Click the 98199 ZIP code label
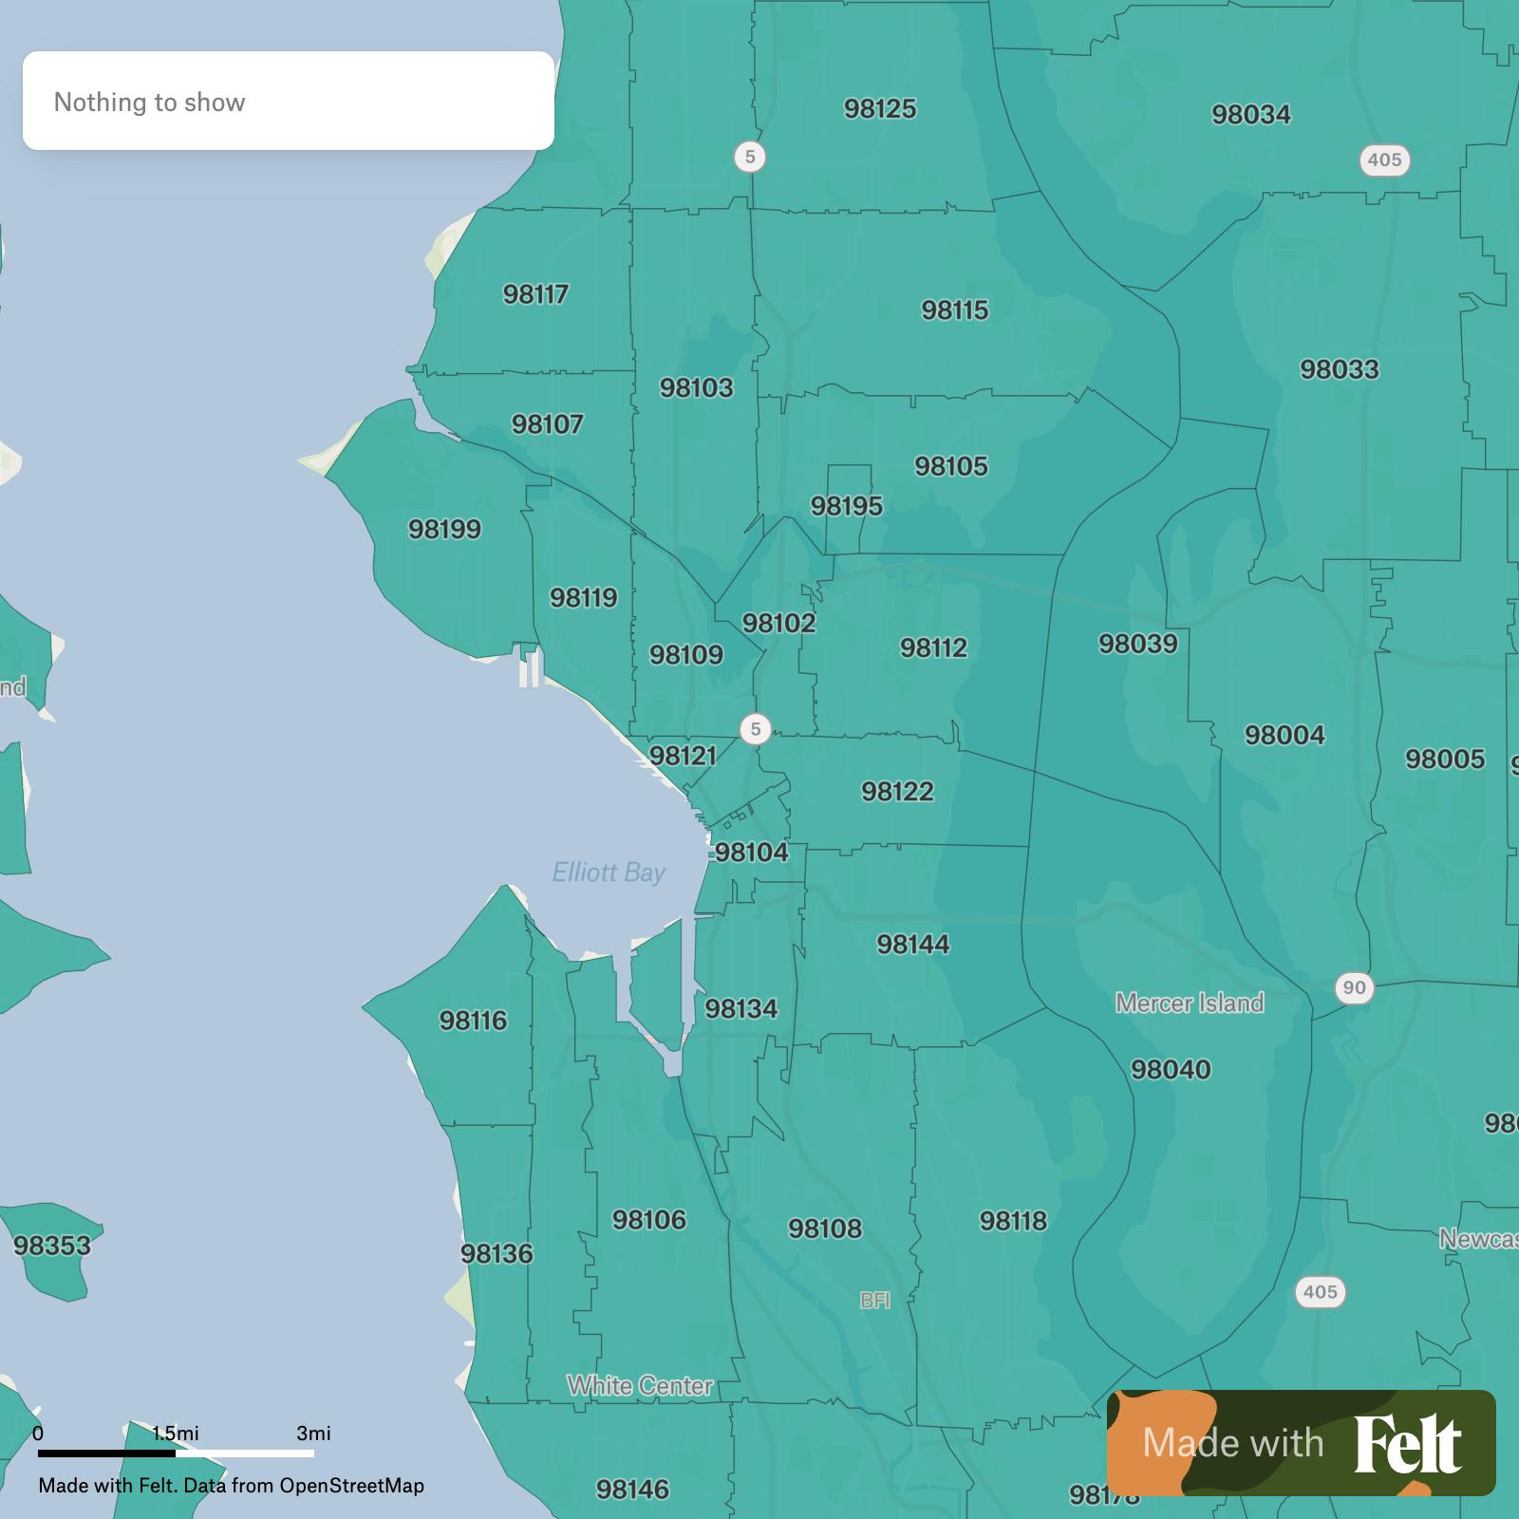pos(444,529)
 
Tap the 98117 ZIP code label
pos(535,294)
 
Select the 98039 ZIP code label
pos(1137,644)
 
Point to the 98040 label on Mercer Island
pos(1171,1069)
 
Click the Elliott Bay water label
pos(609,872)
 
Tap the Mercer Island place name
pos(1190,1003)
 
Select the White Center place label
pos(640,1385)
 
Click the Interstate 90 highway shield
pos(1354,987)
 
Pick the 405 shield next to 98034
pos(1384,159)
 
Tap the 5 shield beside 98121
pos(756,729)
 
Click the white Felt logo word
pos(1407,1444)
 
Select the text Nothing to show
pos(149,102)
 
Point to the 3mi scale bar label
pos(313,1433)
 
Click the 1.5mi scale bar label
pos(176,1433)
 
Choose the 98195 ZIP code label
pos(846,506)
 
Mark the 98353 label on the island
pos(52,1245)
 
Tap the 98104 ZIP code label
pos(751,852)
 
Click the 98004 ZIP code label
pos(1285,735)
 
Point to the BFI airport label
pos(874,1301)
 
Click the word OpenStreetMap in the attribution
pos(351,1485)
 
